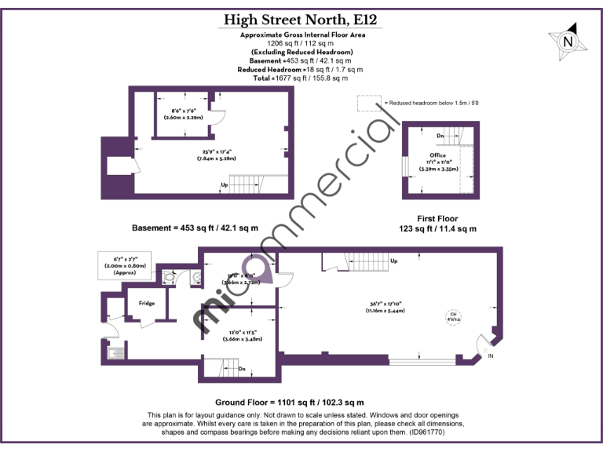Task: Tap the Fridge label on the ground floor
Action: (147, 303)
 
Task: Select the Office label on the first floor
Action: (437, 155)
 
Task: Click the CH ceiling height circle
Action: (453, 316)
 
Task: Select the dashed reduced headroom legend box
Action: (367, 103)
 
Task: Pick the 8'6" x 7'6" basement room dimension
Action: (184, 114)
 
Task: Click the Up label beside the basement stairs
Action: (225, 185)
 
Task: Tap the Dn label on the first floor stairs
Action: (440, 135)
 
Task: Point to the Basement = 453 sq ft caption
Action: (195, 228)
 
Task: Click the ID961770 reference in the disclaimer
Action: (431, 432)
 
